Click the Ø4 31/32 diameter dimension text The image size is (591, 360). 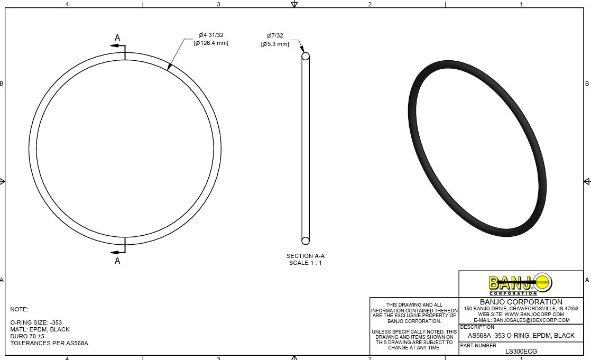[211, 35]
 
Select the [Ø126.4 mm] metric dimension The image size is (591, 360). [211, 43]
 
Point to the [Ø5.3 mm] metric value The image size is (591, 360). [275, 44]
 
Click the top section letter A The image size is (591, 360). [117, 38]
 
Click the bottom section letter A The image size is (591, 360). [117, 261]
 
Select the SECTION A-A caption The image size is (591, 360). [305, 256]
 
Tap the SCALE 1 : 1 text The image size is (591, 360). [305, 263]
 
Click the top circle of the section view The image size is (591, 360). [305, 56]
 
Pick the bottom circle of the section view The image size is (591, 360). [305, 241]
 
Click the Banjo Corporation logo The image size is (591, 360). [520, 284]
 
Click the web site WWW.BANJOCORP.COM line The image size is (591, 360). [521, 314]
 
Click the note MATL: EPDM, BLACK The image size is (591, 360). [40, 329]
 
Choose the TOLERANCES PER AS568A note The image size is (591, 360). [49, 343]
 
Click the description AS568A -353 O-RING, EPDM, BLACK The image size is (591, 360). [521, 336]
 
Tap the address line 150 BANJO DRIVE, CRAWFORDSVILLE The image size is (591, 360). [521, 308]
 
